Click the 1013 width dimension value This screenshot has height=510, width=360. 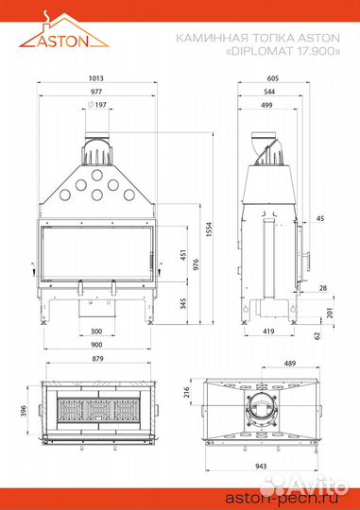tap(96, 78)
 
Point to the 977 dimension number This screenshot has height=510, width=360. tap(96, 92)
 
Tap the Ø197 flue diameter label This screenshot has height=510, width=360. tap(97, 105)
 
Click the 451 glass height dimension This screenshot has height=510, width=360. tap(183, 255)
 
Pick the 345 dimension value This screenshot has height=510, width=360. tap(183, 303)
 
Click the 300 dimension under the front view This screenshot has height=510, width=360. tap(96, 331)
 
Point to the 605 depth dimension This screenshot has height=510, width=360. tap(272, 78)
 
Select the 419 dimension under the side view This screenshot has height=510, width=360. tap(268, 331)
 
